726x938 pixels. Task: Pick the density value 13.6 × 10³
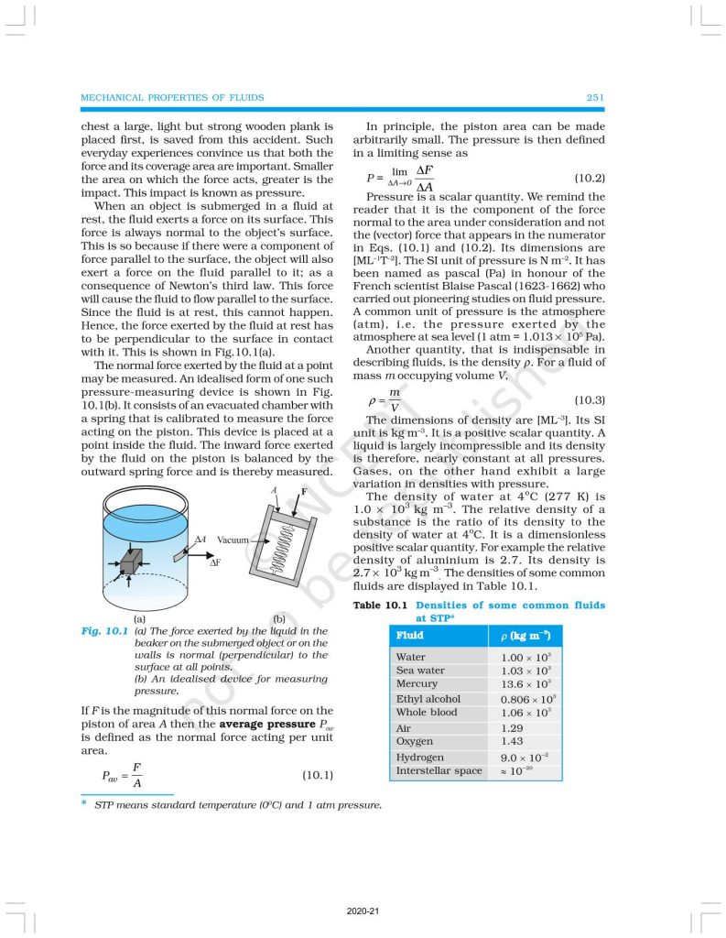coord(526,684)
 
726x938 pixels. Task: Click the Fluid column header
coord(409,635)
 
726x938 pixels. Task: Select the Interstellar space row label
coord(439,770)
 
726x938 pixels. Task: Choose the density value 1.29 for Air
coord(513,727)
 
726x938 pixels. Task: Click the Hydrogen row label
coord(419,758)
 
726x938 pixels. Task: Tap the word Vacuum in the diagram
coord(233,540)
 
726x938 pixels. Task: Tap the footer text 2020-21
coord(363,911)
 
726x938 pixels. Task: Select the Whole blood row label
coord(427,712)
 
